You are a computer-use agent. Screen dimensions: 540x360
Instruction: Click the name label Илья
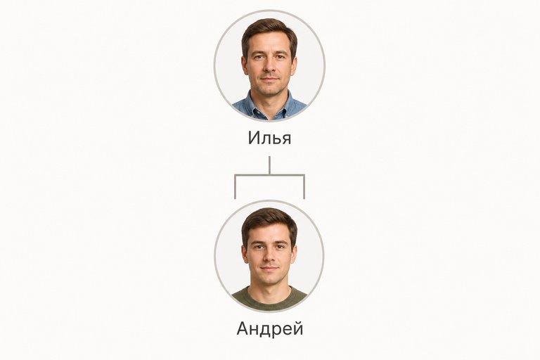(x=270, y=139)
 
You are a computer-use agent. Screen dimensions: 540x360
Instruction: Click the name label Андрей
(x=270, y=328)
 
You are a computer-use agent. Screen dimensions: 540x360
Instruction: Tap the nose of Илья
(x=270, y=67)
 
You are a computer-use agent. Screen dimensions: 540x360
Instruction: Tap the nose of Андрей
(x=269, y=257)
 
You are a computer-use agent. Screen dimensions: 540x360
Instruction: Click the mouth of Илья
(x=270, y=79)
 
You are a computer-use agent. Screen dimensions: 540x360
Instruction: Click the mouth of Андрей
(x=269, y=268)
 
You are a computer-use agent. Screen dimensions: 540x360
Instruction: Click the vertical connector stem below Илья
(x=270, y=166)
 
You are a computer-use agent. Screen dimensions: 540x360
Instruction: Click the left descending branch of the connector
(x=235, y=187)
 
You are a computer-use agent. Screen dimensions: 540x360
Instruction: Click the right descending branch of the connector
(x=304, y=187)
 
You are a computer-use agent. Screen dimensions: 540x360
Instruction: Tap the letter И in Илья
(x=253, y=138)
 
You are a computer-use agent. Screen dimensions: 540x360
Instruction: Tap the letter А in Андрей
(x=243, y=328)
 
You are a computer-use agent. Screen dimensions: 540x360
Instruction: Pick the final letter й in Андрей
(x=298, y=328)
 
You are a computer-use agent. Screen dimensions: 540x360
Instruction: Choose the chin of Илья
(x=270, y=90)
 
